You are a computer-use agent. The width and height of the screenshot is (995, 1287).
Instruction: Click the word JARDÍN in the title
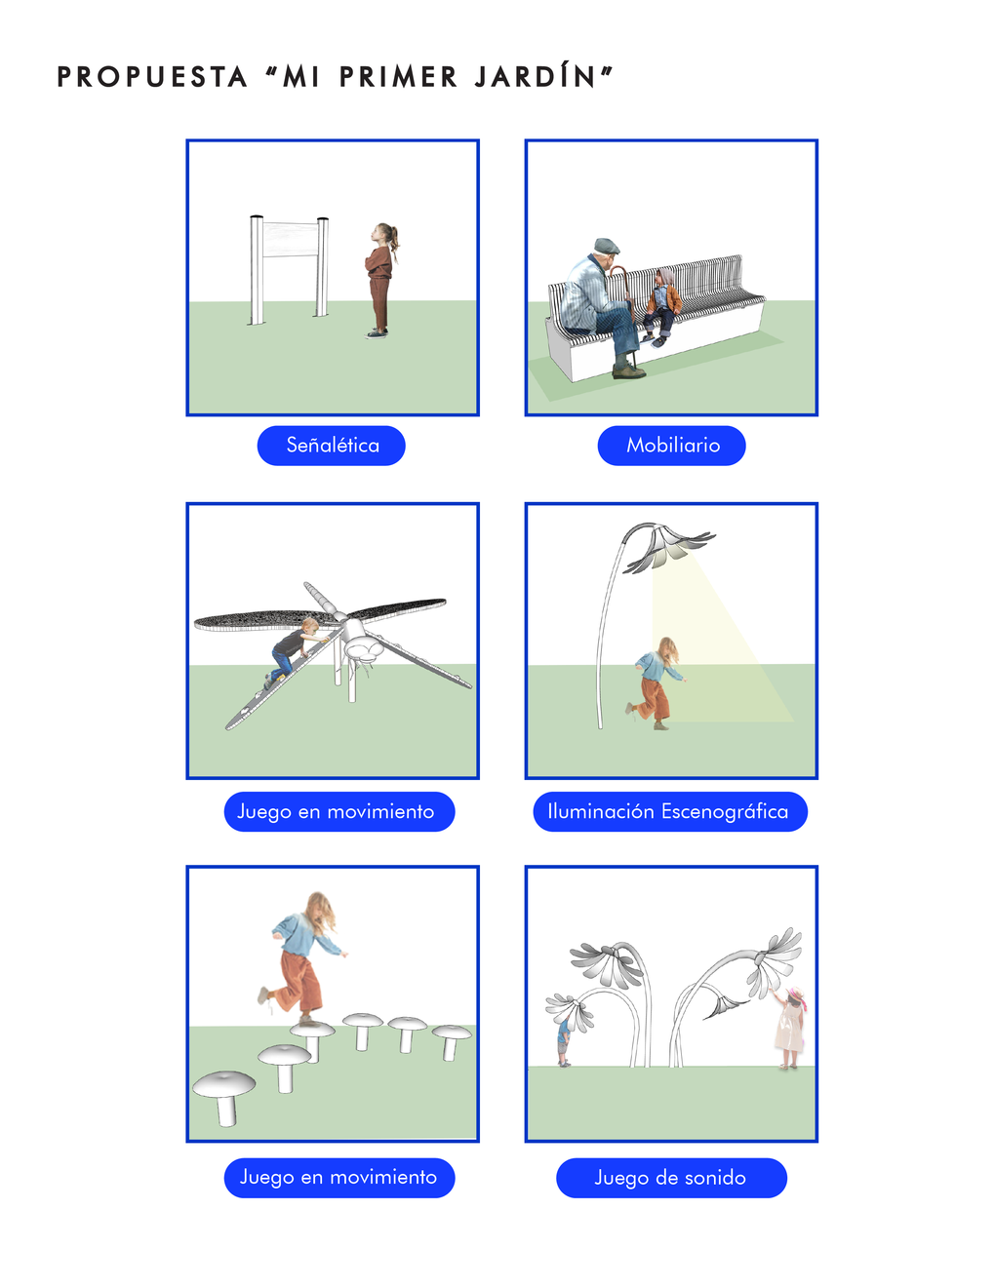[535, 77]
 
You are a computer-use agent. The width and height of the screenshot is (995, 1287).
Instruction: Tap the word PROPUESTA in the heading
[152, 77]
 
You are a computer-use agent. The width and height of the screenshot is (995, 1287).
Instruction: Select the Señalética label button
[332, 446]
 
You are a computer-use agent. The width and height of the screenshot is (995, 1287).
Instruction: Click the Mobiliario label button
[671, 446]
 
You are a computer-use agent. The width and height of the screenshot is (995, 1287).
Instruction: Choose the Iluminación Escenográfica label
[670, 811]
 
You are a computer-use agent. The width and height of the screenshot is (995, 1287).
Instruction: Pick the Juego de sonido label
[671, 1178]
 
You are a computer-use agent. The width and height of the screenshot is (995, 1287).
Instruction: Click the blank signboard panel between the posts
[290, 239]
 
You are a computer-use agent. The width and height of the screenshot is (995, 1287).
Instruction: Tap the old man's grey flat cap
[606, 246]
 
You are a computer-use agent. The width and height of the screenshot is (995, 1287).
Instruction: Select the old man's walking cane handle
[618, 274]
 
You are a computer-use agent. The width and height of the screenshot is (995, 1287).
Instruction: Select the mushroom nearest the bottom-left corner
[224, 1096]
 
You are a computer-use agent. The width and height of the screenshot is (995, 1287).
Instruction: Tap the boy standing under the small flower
[564, 1041]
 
